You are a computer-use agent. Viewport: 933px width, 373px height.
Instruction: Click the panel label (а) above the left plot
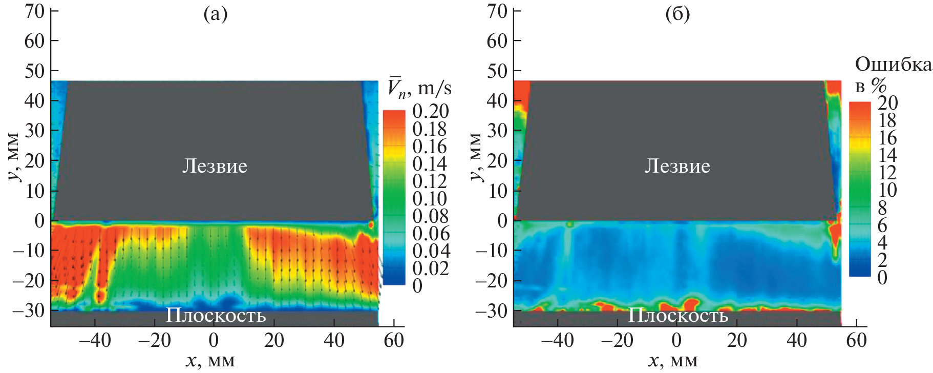tap(215, 14)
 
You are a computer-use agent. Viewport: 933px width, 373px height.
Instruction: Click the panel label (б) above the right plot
tap(677, 14)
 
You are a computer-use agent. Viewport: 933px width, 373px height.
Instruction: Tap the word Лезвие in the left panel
tap(215, 166)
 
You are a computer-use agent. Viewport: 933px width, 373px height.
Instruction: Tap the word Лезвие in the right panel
tap(677, 166)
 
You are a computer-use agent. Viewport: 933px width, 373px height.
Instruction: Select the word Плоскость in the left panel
tap(216, 315)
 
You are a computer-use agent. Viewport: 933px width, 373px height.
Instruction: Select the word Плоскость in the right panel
tap(678, 315)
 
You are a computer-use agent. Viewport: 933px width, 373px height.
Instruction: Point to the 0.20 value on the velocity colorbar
tap(430, 111)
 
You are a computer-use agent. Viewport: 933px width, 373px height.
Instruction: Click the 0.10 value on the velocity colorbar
tap(430, 199)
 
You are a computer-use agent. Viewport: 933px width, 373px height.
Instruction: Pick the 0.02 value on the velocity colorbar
tap(430, 268)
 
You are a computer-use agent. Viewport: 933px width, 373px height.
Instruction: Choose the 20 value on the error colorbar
tap(887, 103)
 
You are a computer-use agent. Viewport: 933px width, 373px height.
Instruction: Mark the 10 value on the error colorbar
tap(887, 191)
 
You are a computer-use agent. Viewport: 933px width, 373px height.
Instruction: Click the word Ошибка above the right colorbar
tap(893, 65)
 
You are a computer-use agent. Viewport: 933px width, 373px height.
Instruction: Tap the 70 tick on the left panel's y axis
tap(35, 11)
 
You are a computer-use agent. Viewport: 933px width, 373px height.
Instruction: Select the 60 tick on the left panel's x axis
tap(394, 340)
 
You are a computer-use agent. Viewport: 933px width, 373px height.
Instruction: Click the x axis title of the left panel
tap(210, 361)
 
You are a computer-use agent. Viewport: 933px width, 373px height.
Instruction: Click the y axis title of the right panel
tap(476, 156)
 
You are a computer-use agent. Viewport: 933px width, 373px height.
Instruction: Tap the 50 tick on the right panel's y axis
tap(497, 71)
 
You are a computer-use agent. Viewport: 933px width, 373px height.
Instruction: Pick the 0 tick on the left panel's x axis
tap(214, 340)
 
